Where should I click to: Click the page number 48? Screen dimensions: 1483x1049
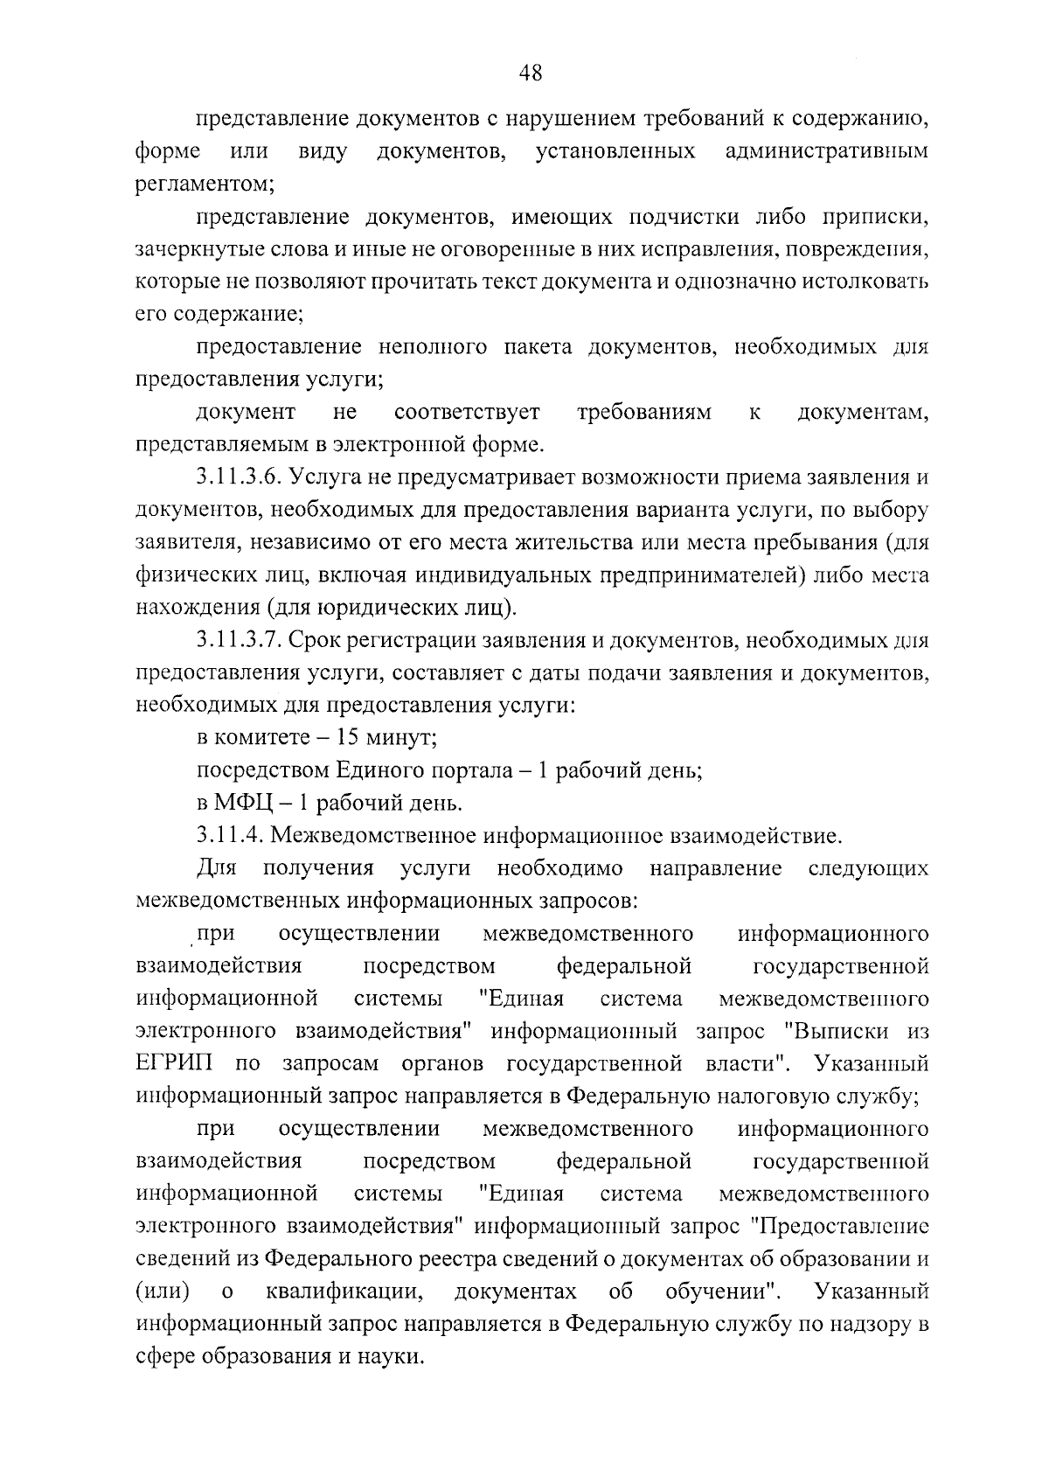530,74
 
